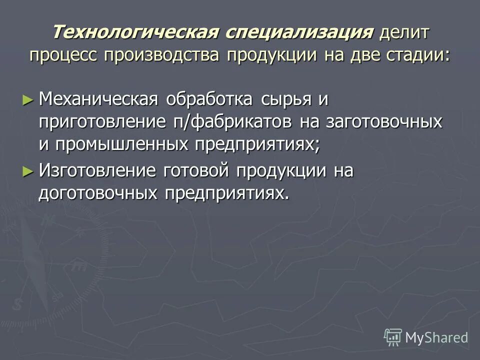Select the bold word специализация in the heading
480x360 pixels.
pos(298,32)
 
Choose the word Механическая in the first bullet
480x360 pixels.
pos(98,99)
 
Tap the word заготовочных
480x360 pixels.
pos(384,122)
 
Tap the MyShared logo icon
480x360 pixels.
pos(393,338)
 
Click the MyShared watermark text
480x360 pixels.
pos(437,338)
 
